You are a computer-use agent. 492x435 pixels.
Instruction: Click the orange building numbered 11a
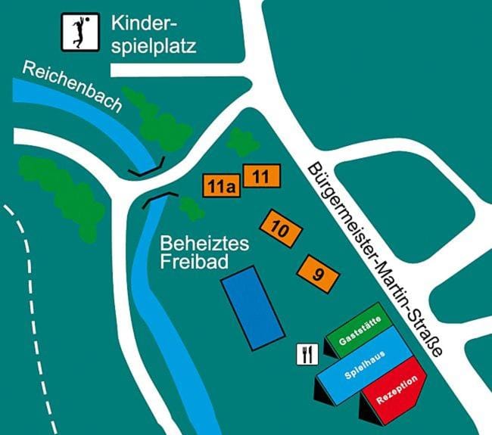coord(220,185)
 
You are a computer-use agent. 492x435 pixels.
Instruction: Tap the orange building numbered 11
coord(261,176)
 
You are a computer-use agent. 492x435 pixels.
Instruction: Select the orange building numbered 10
coord(280,228)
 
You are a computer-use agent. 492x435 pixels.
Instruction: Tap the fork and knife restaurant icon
coord(307,354)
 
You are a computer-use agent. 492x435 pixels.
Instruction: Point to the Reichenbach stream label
coord(71,85)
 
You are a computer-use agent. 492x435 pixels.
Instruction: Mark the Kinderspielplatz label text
coord(153,34)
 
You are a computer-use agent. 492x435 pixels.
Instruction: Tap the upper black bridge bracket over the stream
coord(147,168)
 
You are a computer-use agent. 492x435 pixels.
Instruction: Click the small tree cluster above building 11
coord(241,141)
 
